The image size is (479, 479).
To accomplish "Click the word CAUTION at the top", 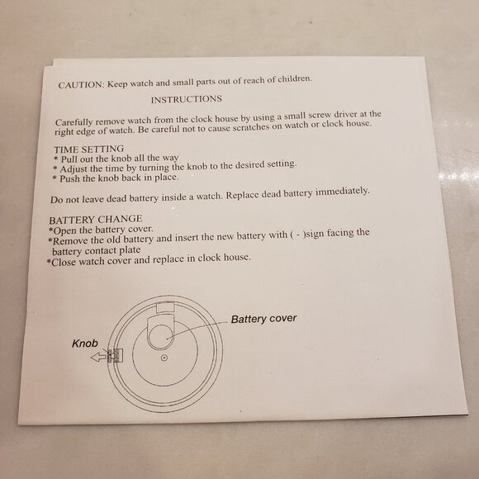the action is click(81, 84).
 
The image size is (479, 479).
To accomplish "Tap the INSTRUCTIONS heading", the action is click(187, 100).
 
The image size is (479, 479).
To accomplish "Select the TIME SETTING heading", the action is click(89, 149).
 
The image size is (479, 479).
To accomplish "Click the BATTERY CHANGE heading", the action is click(96, 220).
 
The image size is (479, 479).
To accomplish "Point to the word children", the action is click(295, 78).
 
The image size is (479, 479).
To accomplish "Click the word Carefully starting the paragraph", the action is click(74, 122).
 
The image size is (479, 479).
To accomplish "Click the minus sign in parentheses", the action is click(298, 235).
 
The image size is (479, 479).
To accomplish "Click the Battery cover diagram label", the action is click(263, 319).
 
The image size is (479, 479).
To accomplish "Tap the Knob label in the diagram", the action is click(85, 344).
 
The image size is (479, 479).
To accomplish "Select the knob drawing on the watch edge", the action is click(115, 355).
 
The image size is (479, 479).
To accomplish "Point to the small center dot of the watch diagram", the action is click(164, 358).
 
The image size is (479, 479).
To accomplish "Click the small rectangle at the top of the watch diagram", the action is click(165, 307).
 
